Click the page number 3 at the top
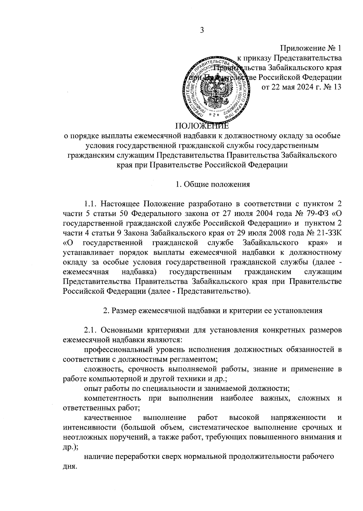pyautogui.click(x=202, y=30)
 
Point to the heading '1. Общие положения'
pyautogui.click(x=213, y=184)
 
